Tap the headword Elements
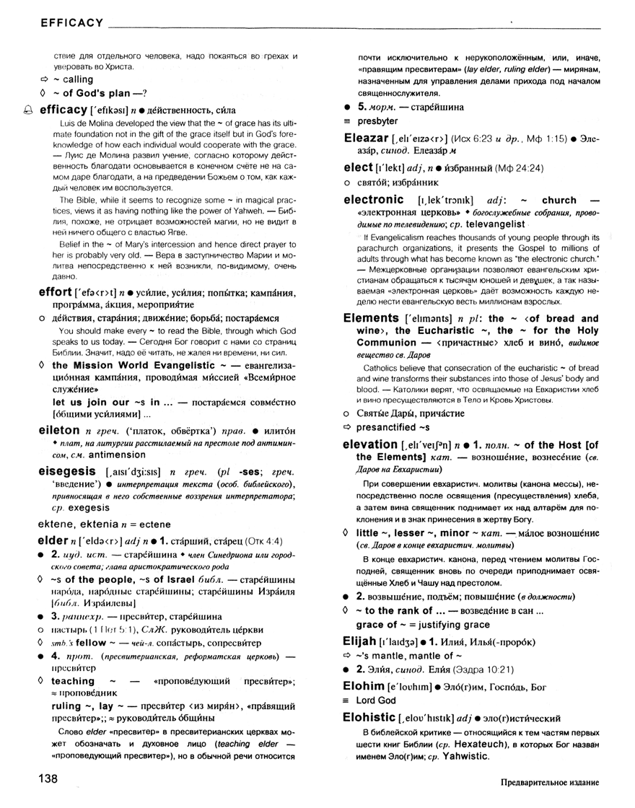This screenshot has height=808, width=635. point(371,317)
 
